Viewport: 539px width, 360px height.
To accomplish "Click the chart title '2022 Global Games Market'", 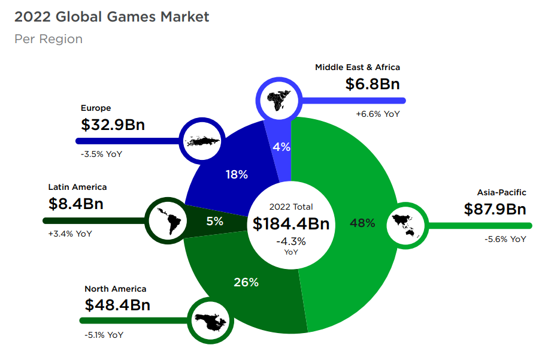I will coord(112,17).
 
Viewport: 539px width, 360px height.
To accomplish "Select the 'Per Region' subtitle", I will coord(49,40).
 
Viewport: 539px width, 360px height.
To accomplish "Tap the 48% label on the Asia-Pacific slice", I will coord(363,223).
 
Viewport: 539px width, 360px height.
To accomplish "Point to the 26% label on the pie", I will coord(246,282).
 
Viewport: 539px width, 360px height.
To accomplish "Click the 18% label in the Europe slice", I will coord(237,175).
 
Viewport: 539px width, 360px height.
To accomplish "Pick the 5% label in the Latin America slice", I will coord(215,221).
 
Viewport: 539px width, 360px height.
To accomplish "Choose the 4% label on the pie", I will coord(281,147).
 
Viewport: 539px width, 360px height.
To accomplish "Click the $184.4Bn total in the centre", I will coord(291,224).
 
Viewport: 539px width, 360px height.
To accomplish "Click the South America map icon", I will coord(166,220).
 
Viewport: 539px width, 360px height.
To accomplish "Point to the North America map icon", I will coord(210,322).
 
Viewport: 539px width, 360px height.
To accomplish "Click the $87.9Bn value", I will coord(495,209).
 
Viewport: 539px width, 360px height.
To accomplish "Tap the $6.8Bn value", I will coord(373,84).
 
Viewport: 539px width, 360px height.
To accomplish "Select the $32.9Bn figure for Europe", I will coord(113,125).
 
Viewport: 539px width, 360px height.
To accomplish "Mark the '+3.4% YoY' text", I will coord(70,234).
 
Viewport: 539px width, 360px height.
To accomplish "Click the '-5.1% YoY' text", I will coord(104,335).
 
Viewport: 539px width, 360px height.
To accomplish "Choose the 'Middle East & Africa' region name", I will coord(358,67).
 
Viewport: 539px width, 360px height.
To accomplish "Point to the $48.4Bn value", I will coord(117,305).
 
